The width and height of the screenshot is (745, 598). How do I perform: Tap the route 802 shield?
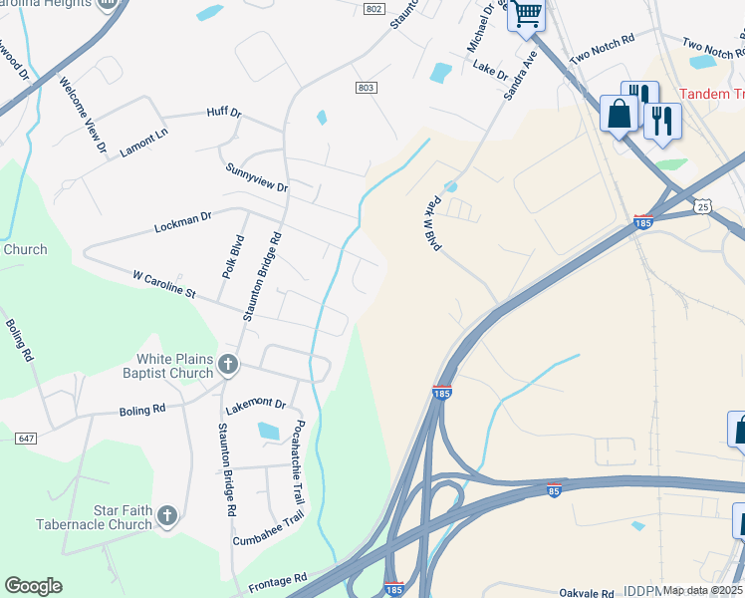372,9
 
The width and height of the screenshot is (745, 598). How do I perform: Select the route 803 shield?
366,88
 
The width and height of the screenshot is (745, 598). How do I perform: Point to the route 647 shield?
26,437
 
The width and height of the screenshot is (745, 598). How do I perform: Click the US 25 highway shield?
703,206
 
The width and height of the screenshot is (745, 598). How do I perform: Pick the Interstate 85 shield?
554,489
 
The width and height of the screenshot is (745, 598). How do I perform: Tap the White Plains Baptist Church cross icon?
228,365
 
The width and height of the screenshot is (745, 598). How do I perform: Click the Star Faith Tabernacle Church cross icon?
167,515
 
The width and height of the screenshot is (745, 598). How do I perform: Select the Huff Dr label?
224,114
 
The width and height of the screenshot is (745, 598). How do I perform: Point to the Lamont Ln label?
143,143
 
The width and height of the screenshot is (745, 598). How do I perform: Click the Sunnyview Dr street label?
256,179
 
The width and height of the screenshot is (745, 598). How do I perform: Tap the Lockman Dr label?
183,222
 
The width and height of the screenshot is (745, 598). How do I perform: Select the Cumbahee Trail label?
268,527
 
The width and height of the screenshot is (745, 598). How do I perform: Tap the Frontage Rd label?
279,579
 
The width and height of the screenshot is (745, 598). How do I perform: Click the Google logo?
33,586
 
